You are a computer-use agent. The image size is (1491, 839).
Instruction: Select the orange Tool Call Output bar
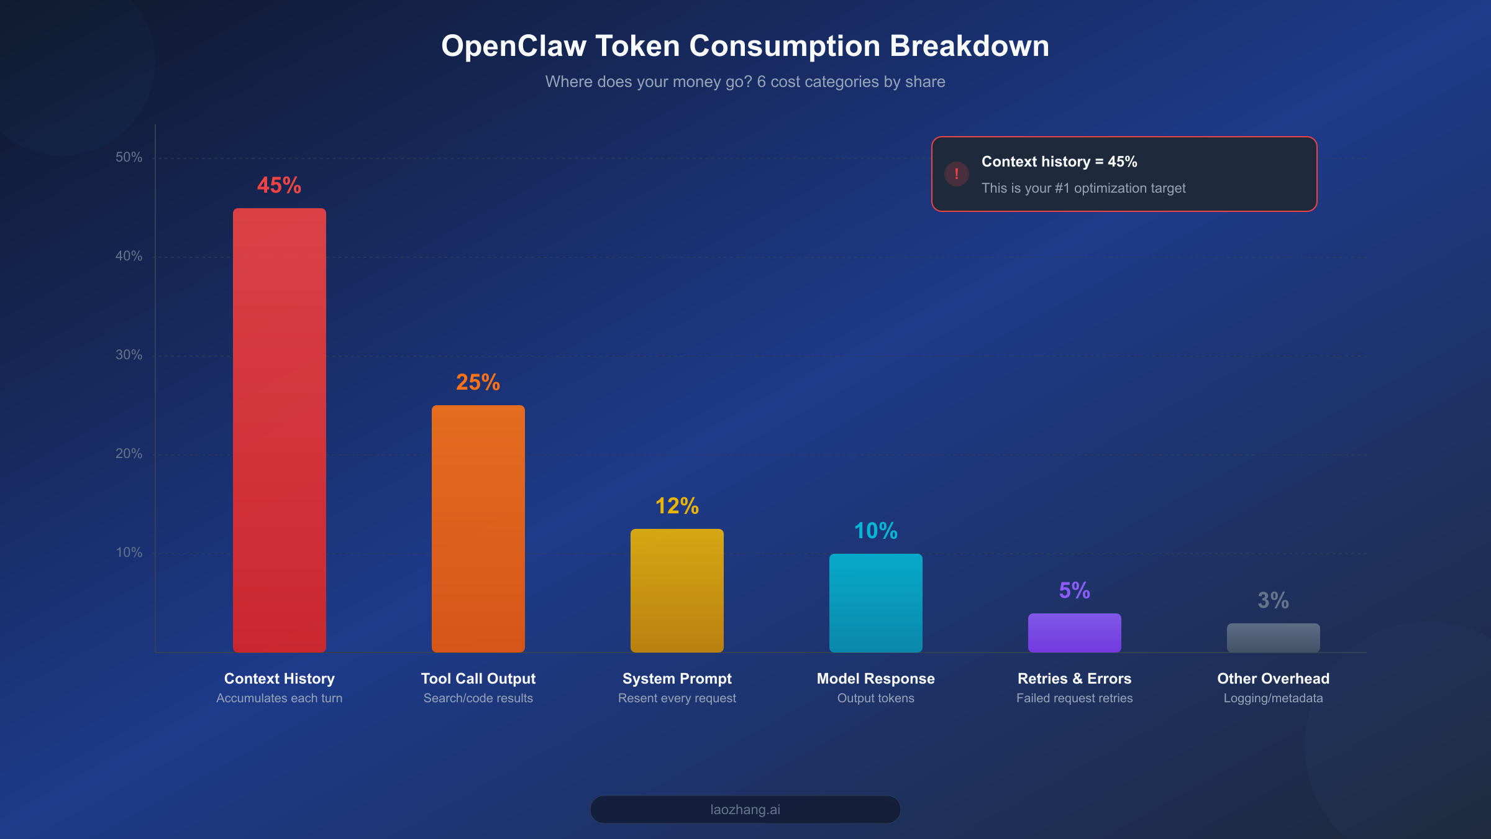478,528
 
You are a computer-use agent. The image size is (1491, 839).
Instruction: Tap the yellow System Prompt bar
677,590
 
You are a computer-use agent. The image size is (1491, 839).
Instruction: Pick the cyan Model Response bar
875,603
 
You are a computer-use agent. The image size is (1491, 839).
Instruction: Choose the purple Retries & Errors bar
1074,633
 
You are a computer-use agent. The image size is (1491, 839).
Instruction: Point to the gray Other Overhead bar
1273,638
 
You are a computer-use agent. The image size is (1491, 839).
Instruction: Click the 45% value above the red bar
279,185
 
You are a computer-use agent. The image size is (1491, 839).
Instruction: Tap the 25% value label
478,382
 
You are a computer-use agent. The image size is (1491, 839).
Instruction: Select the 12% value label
677,506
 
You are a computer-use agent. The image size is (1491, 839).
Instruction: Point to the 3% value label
1273,600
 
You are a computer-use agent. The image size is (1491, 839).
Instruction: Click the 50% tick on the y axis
129,157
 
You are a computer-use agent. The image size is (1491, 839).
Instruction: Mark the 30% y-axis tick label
129,355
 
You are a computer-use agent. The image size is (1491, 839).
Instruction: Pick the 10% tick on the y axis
129,552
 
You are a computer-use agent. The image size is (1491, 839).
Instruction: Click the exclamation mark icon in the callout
956,174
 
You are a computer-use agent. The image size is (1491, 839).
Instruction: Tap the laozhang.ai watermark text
745,810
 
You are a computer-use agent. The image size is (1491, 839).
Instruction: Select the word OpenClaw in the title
513,46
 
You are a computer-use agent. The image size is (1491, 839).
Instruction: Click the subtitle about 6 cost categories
745,82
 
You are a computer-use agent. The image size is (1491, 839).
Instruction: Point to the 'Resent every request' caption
677,699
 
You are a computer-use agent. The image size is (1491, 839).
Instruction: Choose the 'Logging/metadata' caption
1273,699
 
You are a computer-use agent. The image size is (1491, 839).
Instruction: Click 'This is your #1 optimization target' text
1083,188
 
